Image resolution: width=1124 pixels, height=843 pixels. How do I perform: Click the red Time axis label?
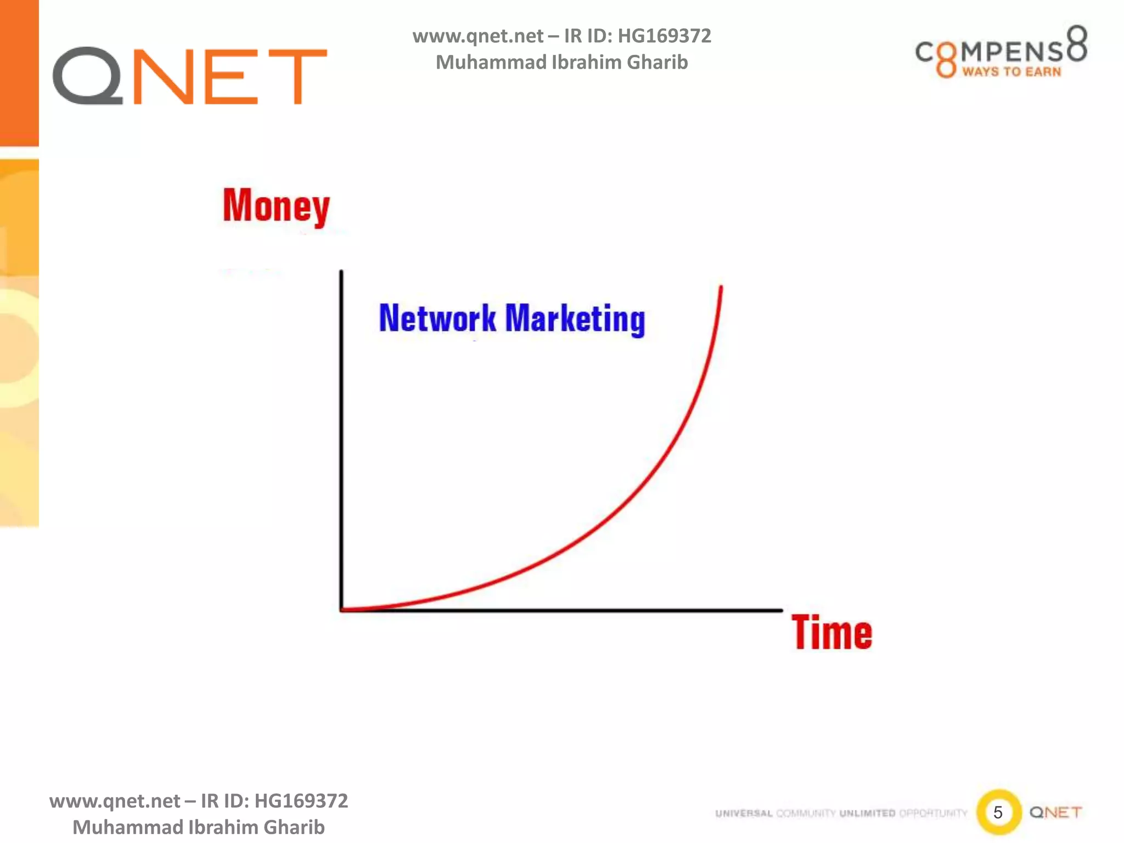coord(831,633)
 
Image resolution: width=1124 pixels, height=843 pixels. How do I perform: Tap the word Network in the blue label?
coord(437,318)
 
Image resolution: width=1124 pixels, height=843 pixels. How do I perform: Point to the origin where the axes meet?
coord(342,610)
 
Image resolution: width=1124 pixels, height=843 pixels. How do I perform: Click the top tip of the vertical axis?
coord(341,272)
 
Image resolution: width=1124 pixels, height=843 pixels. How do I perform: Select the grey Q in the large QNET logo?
coord(88,76)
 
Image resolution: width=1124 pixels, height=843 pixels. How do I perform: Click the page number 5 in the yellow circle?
coord(998,812)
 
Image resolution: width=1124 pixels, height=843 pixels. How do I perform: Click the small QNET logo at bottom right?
coord(1055,812)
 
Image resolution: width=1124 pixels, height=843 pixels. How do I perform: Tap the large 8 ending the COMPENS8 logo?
coord(1077,43)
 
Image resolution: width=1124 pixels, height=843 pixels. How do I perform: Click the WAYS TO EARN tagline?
coord(1011,72)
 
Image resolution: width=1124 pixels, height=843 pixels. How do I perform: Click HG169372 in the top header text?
coord(664,36)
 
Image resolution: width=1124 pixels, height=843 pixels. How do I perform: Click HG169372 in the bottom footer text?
coord(301,801)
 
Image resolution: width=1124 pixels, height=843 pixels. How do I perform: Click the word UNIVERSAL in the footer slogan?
coord(744,813)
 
